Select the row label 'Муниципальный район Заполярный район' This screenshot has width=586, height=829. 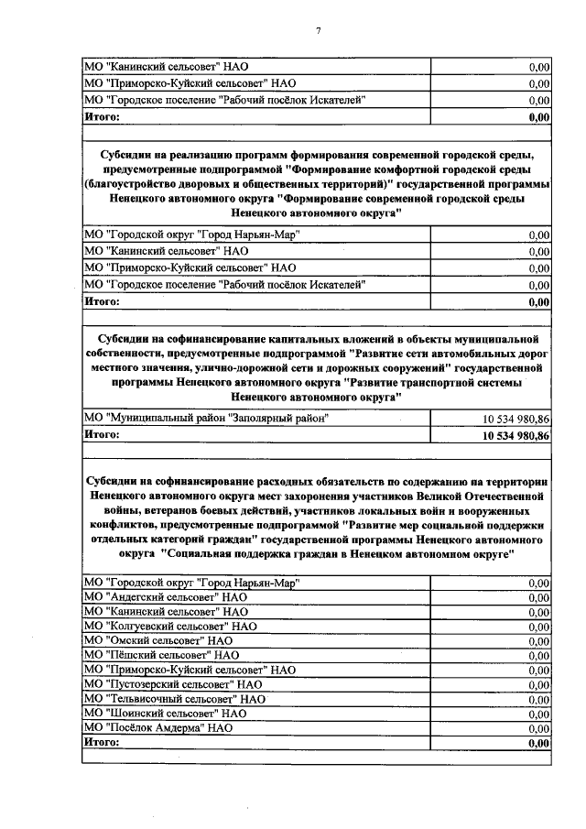point(206,418)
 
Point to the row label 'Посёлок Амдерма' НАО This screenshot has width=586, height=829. point(157,727)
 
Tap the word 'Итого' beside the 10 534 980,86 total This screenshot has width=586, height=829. point(102,435)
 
